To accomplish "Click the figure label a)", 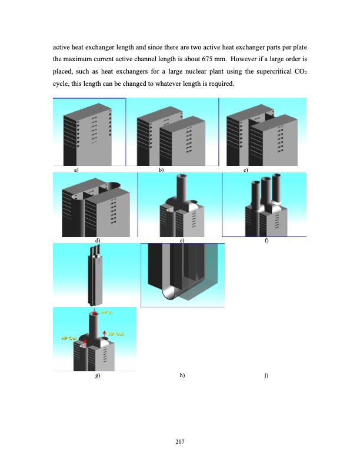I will click(x=76, y=169).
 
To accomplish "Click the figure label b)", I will click(x=161, y=169).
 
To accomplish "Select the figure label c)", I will click(x=245, y=169).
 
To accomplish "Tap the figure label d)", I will click(x=98, y=240).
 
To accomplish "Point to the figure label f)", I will click(x=266, y=240).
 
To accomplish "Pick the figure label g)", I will click(x=98, y=375).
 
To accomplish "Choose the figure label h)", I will click(x=182, y=375).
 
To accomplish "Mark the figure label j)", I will click(x=266, y=375).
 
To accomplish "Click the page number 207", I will click(x=180, y=441).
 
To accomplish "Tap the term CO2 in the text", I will click(x=299, y=72).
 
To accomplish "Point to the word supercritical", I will click(x=270, y=72).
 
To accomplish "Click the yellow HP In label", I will click(x=107, y=312).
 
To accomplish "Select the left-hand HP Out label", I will click(x=69, y=338).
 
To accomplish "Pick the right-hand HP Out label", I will click(x=116, y=334).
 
